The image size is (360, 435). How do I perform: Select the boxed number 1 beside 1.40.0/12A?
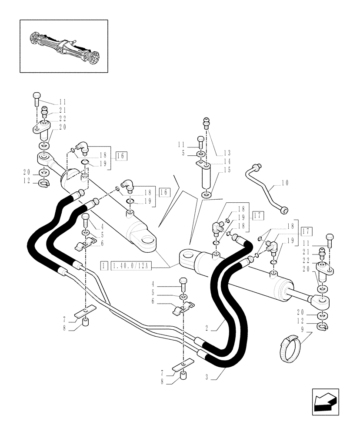pos(104,264)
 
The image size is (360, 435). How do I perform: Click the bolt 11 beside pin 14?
pos(200,140)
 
